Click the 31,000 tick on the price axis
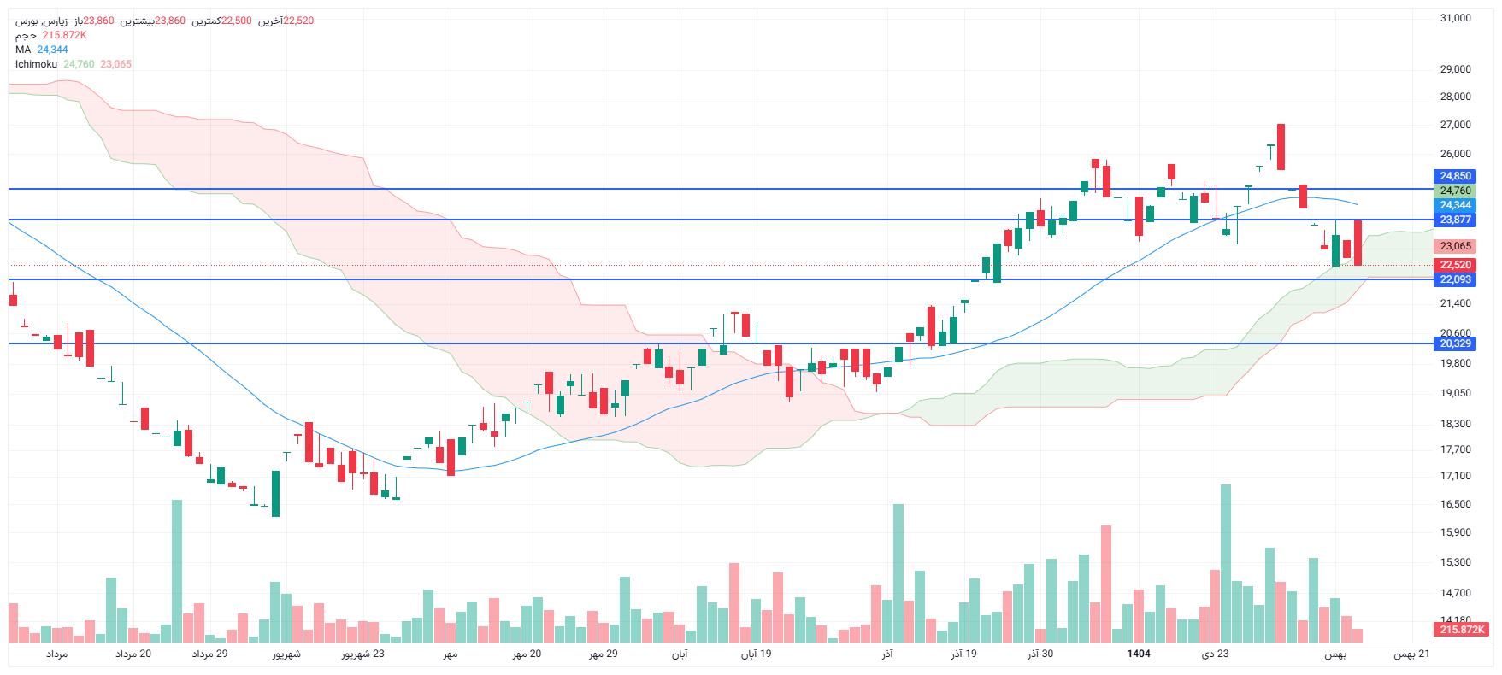[x=1455, y=18]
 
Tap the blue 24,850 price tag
[x=1455, y=177]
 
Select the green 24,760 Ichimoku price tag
[x=1455, y=191]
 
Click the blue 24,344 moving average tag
[x=1455, y=205]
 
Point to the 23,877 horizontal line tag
[x=1455, y=220]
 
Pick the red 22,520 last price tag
[x=1455, y=265]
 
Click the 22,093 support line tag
[x=1455, y=279]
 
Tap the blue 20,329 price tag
[x=1455, y=343]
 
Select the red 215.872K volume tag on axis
[x=1462, y=630]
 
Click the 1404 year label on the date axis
[x=1138, y=654]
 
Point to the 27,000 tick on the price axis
[x=1455, y=125]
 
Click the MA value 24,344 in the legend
[x=52, y=50]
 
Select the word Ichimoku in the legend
[x=36, y=64]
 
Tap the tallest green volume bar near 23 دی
[x=1226, y=564]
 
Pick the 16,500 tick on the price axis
[x=1455, y=504]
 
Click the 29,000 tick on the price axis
[x=1455, y=69]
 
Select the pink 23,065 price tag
[x=1455, y=246]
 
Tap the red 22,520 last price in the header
[x=297, y=21]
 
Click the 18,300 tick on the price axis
[x=1455, y=424]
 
